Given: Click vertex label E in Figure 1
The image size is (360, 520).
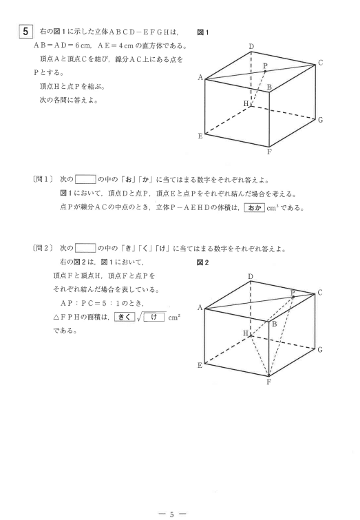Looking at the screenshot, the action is (x=200, y=136).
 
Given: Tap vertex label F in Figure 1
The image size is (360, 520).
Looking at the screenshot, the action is (x=270, y=154).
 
